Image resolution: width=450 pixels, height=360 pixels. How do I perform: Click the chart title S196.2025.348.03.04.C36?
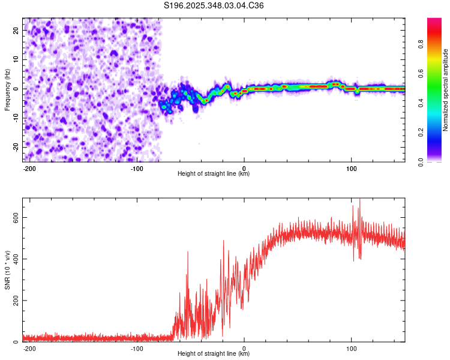coord(214,5)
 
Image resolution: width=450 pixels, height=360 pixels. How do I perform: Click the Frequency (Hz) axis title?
coord(7,89)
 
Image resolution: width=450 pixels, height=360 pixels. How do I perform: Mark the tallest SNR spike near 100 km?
coord(360,200)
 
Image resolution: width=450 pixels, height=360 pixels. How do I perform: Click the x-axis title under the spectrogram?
coord(214,174)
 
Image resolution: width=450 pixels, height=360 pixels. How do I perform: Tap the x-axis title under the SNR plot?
coord(214,354)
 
